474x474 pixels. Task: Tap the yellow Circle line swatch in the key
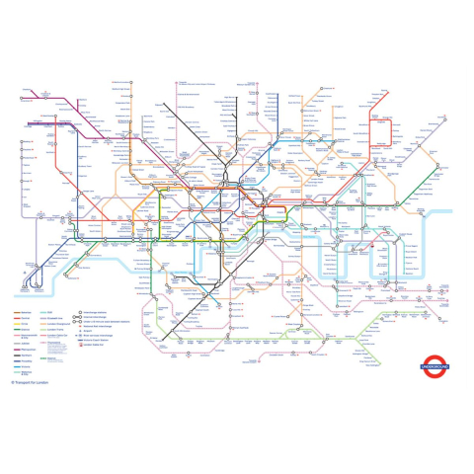(x=17, y=324)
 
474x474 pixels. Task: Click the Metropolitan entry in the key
(x=29, y=350)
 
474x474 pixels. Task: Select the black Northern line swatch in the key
(x=17, y=355)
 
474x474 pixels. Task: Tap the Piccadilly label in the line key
(x=27, y=361)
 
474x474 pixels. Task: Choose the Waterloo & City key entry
(x=27, y=373)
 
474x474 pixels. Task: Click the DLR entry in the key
(x=49, y=312)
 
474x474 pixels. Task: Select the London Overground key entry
(x=58, y=324)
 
